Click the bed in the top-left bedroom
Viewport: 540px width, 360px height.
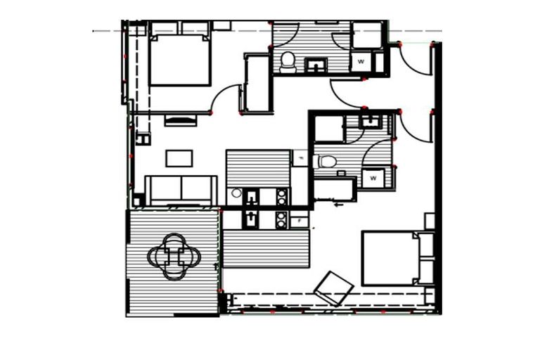[x=180, y=59]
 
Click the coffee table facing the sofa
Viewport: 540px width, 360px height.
[x=179, y=158]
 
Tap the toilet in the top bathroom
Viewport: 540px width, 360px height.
[x=288, y=61]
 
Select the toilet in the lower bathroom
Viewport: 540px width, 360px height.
[x=326, y=162]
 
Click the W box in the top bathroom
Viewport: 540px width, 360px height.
[x=361, y=62]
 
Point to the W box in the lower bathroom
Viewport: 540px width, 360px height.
[x=373, y=178]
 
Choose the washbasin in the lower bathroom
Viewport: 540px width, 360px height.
[x=369, y=121]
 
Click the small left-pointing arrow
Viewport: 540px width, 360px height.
[x=339, y=205]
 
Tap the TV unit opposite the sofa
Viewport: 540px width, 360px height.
[x=181, y=120]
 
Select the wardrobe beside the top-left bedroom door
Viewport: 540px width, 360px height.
[x=257, y=83]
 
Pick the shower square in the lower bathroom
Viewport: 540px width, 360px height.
[x=328, y=129]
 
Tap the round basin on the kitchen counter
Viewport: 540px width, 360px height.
[x=237, y=193]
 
